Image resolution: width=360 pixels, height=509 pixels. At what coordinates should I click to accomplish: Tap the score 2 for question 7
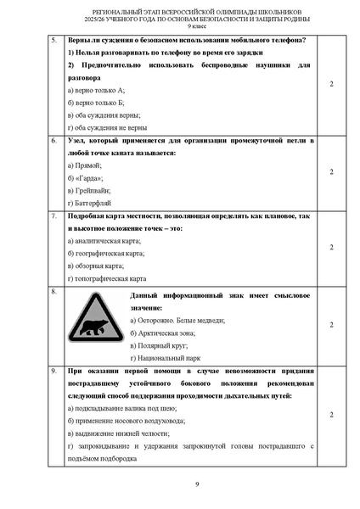point(331,247)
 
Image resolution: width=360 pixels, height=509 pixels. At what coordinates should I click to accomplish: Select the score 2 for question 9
point(331,414)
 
